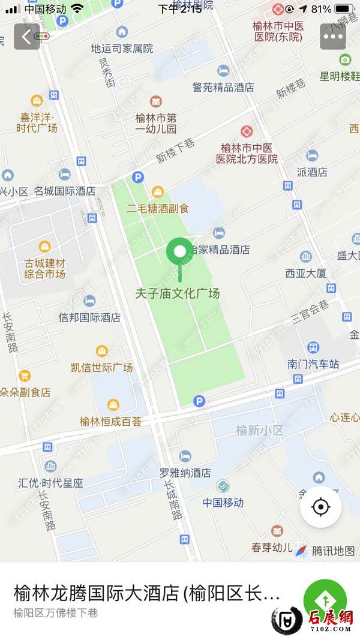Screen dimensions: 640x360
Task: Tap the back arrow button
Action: pos(26,37)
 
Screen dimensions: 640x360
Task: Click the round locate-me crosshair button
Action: pos(321,507)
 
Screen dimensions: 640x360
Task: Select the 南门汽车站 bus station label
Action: pos(313,364)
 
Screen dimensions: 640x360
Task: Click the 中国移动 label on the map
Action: pos(223,503)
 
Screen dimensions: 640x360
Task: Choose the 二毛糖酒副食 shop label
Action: pos(158,209)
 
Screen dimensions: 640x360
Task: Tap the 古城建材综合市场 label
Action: pos(45,268)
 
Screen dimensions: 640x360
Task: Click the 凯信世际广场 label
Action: pos(101,367)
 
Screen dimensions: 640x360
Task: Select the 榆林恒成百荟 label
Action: pos(112,421)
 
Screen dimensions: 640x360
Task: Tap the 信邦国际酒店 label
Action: pos(89,317)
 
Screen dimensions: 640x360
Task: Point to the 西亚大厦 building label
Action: pos(305,274)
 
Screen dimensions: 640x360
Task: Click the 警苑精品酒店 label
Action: pos(223,87)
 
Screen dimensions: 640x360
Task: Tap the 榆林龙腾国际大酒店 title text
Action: pos(146,594)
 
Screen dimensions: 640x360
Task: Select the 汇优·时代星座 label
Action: pos(50,482)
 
